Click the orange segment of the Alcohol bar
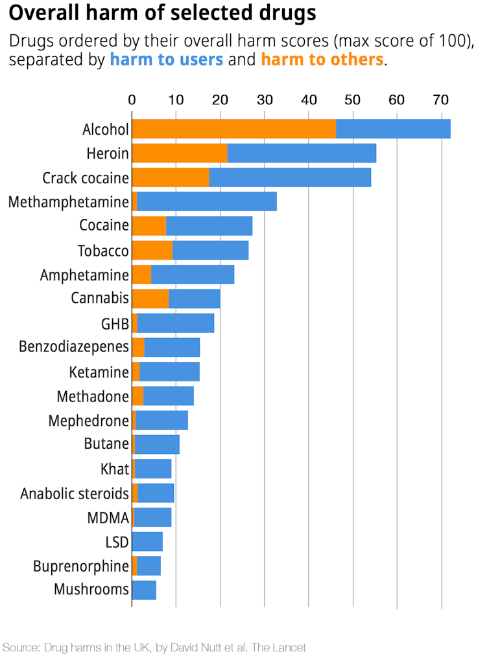(x=233, y=129)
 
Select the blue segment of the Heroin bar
(x=302, y=153)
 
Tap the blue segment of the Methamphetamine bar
(x=207, y=202)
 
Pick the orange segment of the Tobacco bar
(x=152, y=251)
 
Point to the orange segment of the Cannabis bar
(x=150, y=299)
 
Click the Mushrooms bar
(x=144, y=590)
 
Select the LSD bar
(x=147, y=541)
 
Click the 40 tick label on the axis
(x=309, y=100)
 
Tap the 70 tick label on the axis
(x=441, y=100)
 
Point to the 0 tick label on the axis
(x=132, y=100)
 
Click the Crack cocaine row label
(x=86, y=177)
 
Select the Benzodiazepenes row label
(x=74, y=347)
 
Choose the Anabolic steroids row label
(x=75, y=493)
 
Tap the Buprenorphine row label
(x=81, y=567)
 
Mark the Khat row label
(x=115, y=469)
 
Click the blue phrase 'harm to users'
(x=167, y=60)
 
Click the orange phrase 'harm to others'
(x=322, y=60)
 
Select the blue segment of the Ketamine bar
(x=169, y=372)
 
